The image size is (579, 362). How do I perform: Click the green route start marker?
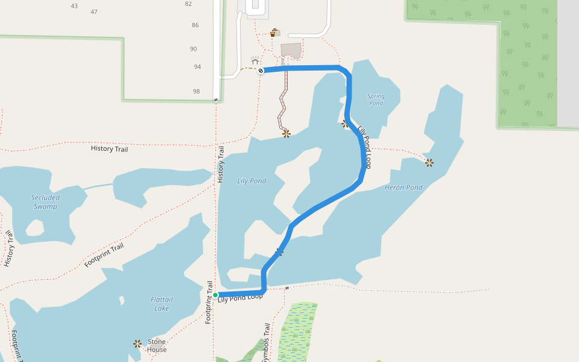coord(215,294)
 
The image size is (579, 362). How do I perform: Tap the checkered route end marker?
coord(261,71)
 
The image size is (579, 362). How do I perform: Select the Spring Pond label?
coord(375,100)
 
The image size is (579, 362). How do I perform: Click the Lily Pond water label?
coord(252,180)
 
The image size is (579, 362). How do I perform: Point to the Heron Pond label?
coord(403,187)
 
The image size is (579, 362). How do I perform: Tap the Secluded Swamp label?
coord(45,202)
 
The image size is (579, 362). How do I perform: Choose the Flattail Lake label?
coord(161,304)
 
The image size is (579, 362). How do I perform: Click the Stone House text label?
coord(156,346)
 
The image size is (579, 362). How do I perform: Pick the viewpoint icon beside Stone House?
coord(138,343)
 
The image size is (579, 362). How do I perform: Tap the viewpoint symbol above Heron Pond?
coord(429,162)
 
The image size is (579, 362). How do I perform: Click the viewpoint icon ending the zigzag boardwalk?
coord(286,133)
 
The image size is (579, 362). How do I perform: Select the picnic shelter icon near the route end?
coord(255,61)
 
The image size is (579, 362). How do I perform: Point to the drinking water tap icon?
coord(274,32)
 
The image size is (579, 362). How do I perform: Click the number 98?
coord(196,91)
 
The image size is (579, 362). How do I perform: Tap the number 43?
coord(74,6)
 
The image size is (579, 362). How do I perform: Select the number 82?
coord(188,4)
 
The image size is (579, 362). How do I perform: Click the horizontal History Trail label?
coord(109,148)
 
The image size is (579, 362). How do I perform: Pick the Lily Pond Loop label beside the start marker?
coord(240,297)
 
